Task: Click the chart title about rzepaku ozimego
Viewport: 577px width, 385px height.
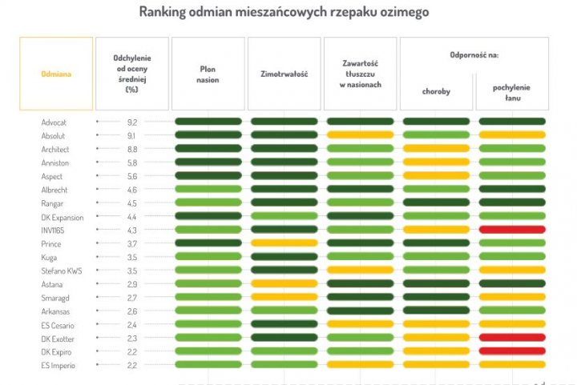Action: click(x=284, y=12)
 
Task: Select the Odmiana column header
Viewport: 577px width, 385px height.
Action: click(x=56, y=74)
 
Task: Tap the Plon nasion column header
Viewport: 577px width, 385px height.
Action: click(x=208, y=74)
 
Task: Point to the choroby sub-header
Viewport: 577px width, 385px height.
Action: click(x=436, y=91)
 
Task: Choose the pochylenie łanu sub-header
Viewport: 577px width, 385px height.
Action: click(x=511, y=91)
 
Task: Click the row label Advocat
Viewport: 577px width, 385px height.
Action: click(x=54, y=122)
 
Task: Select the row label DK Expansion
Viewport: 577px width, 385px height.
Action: click(x=62, y=216)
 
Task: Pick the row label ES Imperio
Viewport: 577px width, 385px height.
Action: click(x=58, y=365)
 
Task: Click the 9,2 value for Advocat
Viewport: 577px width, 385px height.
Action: click(x=133, y=122)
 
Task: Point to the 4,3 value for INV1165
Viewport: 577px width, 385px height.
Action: click(x=133, y=230)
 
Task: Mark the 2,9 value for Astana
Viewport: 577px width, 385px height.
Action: click(x=133, y=284)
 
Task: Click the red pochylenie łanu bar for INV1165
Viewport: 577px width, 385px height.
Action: click(x=511, y=230)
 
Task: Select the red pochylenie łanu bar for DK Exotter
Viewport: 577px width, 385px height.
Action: click(x=511, y=338)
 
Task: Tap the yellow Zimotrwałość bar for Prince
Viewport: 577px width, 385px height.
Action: click(x=284, y=243)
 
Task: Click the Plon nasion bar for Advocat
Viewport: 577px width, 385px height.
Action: click(x=208, y=122)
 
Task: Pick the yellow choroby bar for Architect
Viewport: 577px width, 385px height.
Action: click(x=436, y=149)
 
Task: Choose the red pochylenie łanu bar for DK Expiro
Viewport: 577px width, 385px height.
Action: click(x=511, y=351)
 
